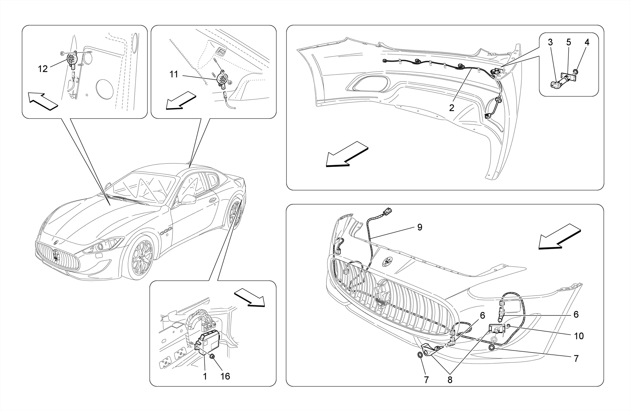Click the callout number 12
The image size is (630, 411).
click(43, 69)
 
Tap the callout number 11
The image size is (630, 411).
click(174, 74)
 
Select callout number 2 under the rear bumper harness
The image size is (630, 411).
click(452, 108)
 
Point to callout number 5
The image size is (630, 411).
click(568, 42)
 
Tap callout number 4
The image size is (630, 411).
click(587, 42)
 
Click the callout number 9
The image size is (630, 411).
click(420, 227)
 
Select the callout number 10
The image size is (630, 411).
click(579, 336)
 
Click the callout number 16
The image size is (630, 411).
click(225, 376)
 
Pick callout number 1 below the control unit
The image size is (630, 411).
click(205, 376)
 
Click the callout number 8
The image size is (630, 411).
click(450, 380)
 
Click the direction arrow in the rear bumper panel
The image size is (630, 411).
click(346, 155)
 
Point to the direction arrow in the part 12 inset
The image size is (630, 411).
click(43, 101)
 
